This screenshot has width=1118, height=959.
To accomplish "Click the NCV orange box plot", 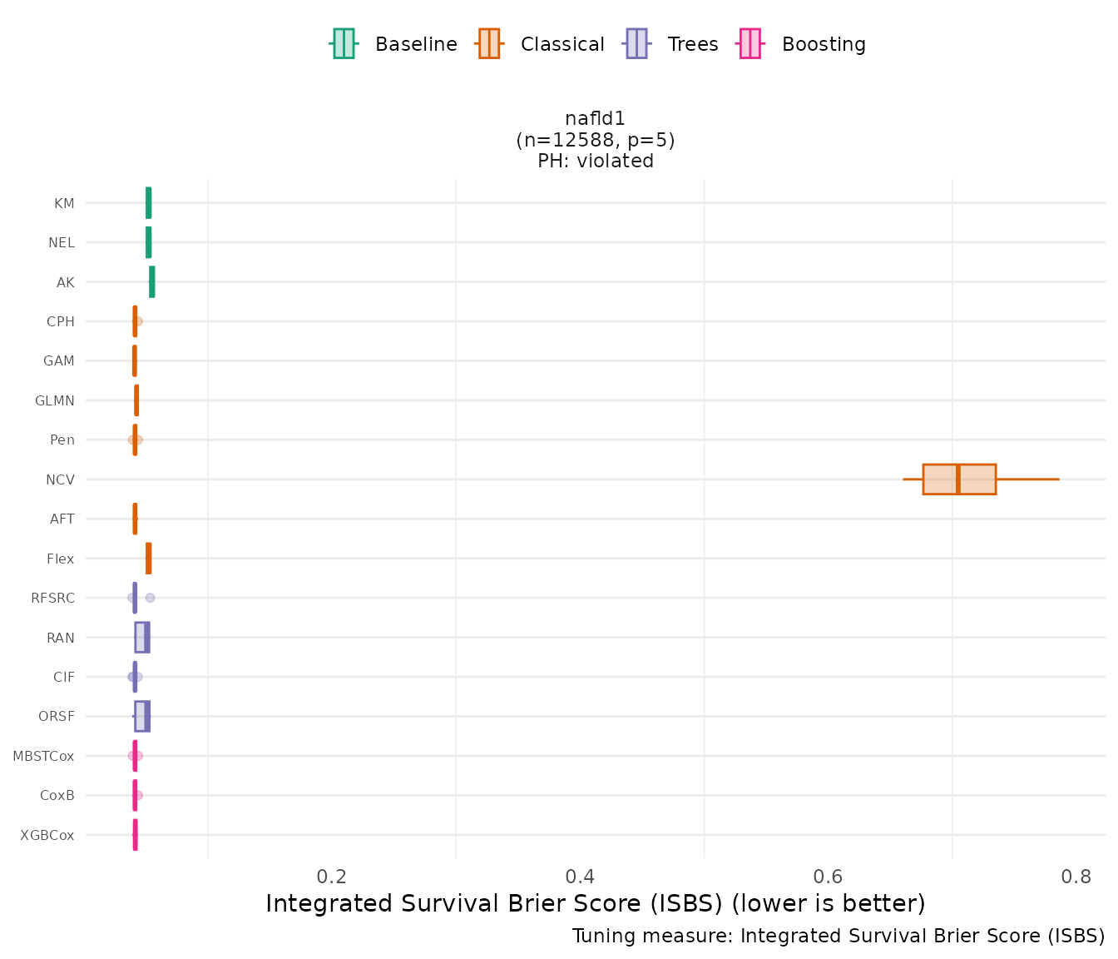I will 959,479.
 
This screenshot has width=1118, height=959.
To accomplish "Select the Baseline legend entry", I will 393,44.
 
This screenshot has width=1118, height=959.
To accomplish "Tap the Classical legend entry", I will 541,44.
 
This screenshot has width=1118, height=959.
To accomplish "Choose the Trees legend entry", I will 671,44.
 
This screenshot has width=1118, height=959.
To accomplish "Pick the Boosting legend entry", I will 803,44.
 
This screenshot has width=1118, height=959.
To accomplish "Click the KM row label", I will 64,203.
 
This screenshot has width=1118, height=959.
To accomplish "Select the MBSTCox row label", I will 43,756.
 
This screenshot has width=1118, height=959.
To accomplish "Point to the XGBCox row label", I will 47,835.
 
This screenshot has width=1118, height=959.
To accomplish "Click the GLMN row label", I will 55,400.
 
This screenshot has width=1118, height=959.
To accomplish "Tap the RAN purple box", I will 142,638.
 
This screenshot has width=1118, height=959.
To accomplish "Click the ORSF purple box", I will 142,717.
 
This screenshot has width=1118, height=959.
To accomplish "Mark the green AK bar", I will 151,282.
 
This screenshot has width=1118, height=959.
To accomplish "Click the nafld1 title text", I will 595,119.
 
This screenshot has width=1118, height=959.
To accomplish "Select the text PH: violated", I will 596,161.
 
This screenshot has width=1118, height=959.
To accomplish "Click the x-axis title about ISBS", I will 595,904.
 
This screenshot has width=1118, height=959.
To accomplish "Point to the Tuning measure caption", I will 838,936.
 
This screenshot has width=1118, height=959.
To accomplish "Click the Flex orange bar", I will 148,559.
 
